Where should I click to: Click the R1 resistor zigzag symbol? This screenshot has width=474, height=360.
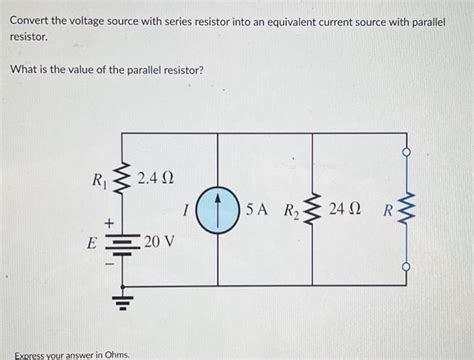click(x=122, y=182)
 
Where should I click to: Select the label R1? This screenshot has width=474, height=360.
click(x=98, y=182)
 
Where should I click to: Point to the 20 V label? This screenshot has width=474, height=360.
click(x=159, y=243)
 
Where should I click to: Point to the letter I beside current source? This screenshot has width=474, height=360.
click(x=186, y=213)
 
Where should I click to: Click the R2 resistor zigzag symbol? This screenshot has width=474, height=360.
click(x=312, y=212)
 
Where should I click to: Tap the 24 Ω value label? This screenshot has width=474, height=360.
click(x=343, y=212)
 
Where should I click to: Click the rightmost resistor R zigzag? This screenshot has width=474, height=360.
click(x=405, y=212)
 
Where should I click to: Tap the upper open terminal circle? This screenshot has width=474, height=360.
click(x=406, y=154)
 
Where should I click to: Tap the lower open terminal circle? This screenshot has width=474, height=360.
click(x=406, y=267)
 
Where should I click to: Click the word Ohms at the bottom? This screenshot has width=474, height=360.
click(x=114, y=355)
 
